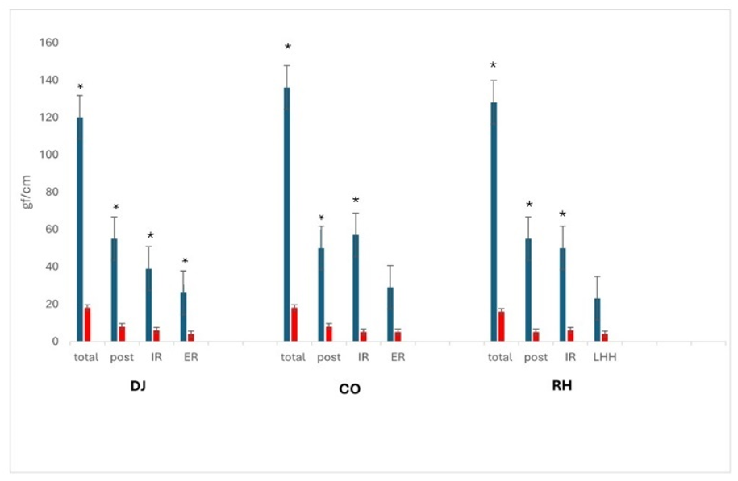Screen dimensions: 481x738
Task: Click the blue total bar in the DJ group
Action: pyautogui.click(x=80, y=229)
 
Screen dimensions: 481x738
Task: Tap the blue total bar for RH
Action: pyautogui.click(x=493, y=222)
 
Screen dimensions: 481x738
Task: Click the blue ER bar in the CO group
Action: pyautogui.click(x=390, y=314)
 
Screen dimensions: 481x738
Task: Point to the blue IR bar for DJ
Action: pyautogui.click(x=148, y=305)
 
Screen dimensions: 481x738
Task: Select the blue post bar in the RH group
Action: pyautogui.click(x=527, y=290)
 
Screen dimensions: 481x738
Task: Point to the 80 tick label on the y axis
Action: pyautogui.click(x=51, y=192)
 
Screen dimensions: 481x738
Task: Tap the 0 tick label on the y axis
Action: pyautogui.click(x=55, y=342)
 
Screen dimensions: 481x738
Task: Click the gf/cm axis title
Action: pyautogui.click(x=27, y=191)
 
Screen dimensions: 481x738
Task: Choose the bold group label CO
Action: pyautogui.click(x=350, y=389)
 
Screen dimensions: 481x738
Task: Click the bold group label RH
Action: pyautogui.click(x=561, y=387)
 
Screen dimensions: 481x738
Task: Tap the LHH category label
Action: pyautogui.click(x=604, y=358)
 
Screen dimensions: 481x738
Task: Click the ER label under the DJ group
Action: pyautogui.click(x=190, y=358)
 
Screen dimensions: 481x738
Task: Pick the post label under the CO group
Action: pyautogui.click(x=329, y=358)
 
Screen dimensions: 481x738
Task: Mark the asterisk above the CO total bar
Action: pyautogui.click(x=287, y=48)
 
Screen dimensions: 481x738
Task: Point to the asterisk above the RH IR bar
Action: pyautogui.click(x=562, y=215)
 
